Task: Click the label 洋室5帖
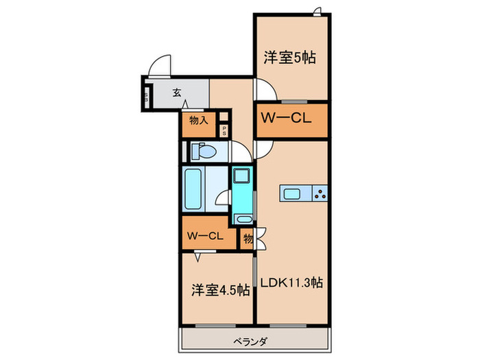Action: click(289, 58)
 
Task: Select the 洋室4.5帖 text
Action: click(220, 290)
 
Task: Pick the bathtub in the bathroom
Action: click(193, 189)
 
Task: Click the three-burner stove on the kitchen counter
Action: click(320, 193)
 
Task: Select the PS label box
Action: click(224, 131)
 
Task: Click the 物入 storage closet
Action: click(198, 121)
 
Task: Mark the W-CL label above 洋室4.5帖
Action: click(204, 236)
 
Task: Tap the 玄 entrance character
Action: click(176, 91)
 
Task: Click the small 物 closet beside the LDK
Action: click(247, 238)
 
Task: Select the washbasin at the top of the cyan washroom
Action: click(241, 176)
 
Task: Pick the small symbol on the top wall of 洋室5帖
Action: click(317, 10)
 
